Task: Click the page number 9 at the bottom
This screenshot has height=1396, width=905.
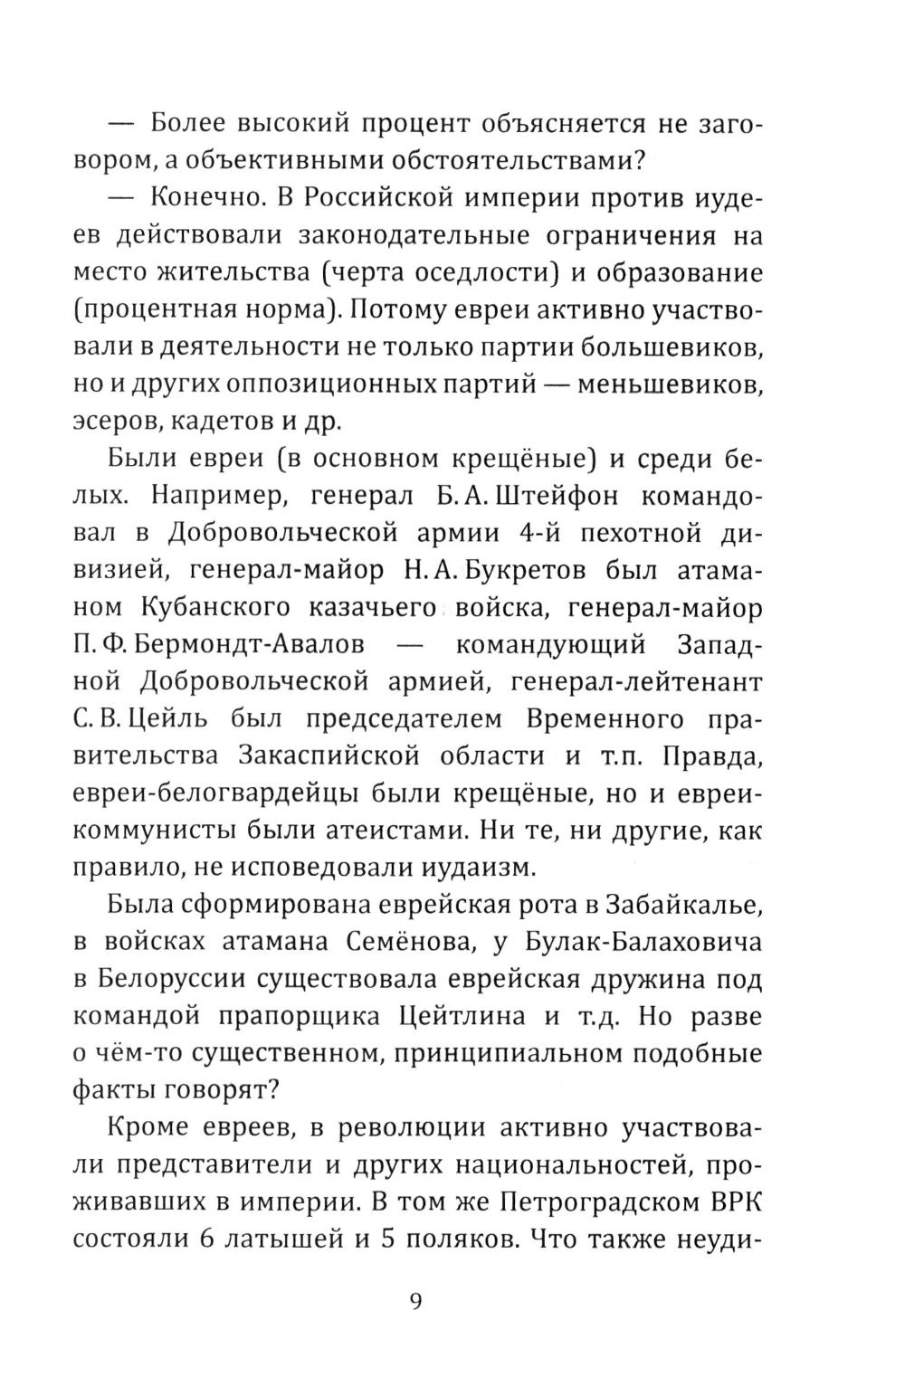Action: pyautogui.click(x=415, y=1301)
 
